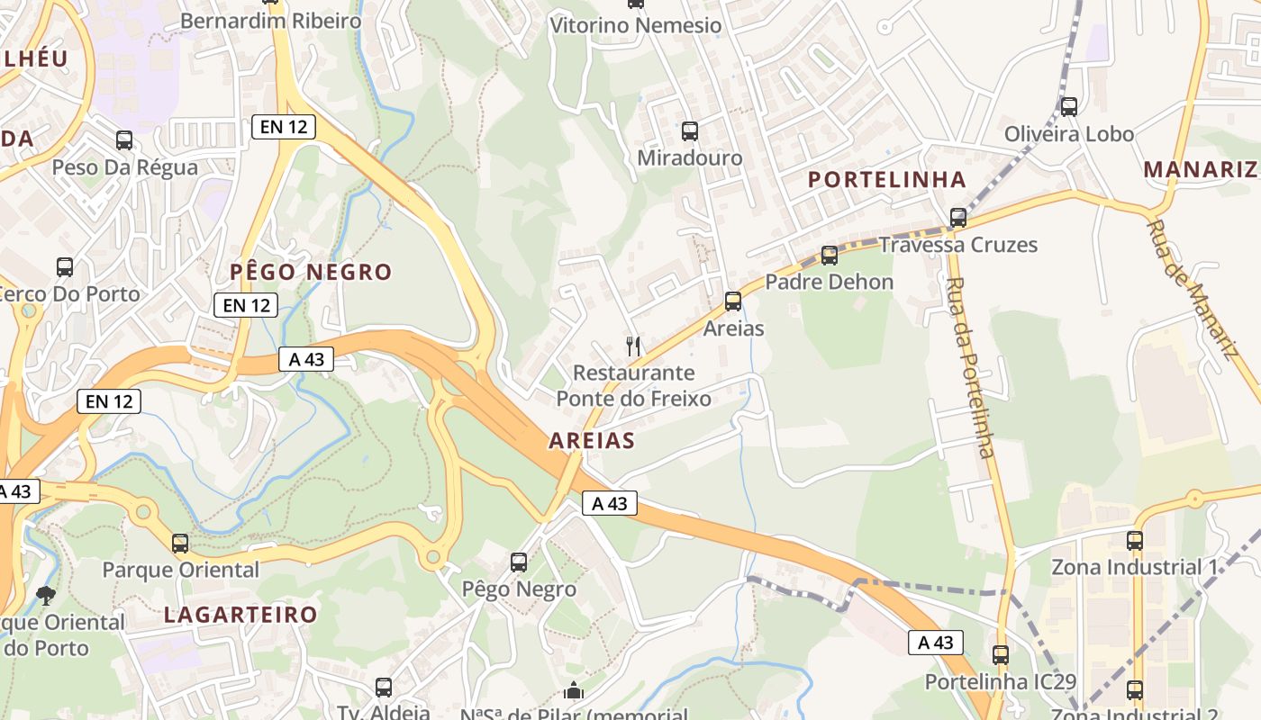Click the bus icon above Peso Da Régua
coord(124,140)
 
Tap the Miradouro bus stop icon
coord(690,131)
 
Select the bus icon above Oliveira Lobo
coord(1069,107)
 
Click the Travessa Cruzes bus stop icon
coord(958,218)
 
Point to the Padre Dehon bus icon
coord(830,256)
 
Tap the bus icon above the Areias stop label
coord(733,301)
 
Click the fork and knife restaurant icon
coord(634,346)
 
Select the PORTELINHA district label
coord(886,179)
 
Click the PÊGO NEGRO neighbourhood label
coord(311,272)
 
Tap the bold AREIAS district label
coord(592,441)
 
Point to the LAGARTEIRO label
coord(240,615)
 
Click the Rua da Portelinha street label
coord(969,367)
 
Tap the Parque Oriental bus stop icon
coord(180,544)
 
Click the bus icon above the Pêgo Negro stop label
coord(519,562)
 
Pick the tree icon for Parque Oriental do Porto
coord(45,595)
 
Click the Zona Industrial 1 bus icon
coord(1135,541)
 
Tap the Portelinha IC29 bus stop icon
coord(1001,655)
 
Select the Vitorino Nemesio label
coord(636,25)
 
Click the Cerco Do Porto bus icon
coord(65,267)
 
